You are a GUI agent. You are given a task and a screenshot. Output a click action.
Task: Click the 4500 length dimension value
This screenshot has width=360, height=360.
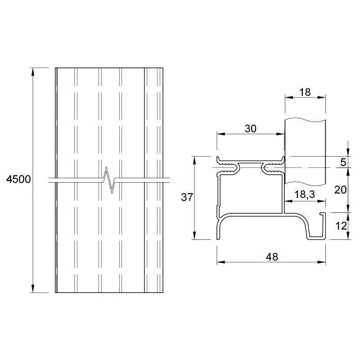point(18,179)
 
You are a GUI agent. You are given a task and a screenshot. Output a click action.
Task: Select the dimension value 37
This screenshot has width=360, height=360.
point(187,197)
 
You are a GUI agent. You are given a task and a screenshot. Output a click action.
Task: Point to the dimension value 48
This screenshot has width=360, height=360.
point(272,256)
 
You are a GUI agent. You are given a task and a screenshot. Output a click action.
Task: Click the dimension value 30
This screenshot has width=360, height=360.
point(251,129)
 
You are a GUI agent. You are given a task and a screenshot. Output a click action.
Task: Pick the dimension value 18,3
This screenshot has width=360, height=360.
point(305,194)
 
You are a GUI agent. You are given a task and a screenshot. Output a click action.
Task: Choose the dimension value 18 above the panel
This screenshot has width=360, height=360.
point(305,92)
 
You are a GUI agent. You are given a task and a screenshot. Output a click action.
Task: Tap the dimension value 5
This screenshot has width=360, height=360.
point(343,162)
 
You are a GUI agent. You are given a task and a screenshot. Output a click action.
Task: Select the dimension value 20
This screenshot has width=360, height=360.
point(340,190)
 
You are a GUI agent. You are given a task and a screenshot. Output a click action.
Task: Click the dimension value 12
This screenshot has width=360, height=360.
point(341,226)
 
